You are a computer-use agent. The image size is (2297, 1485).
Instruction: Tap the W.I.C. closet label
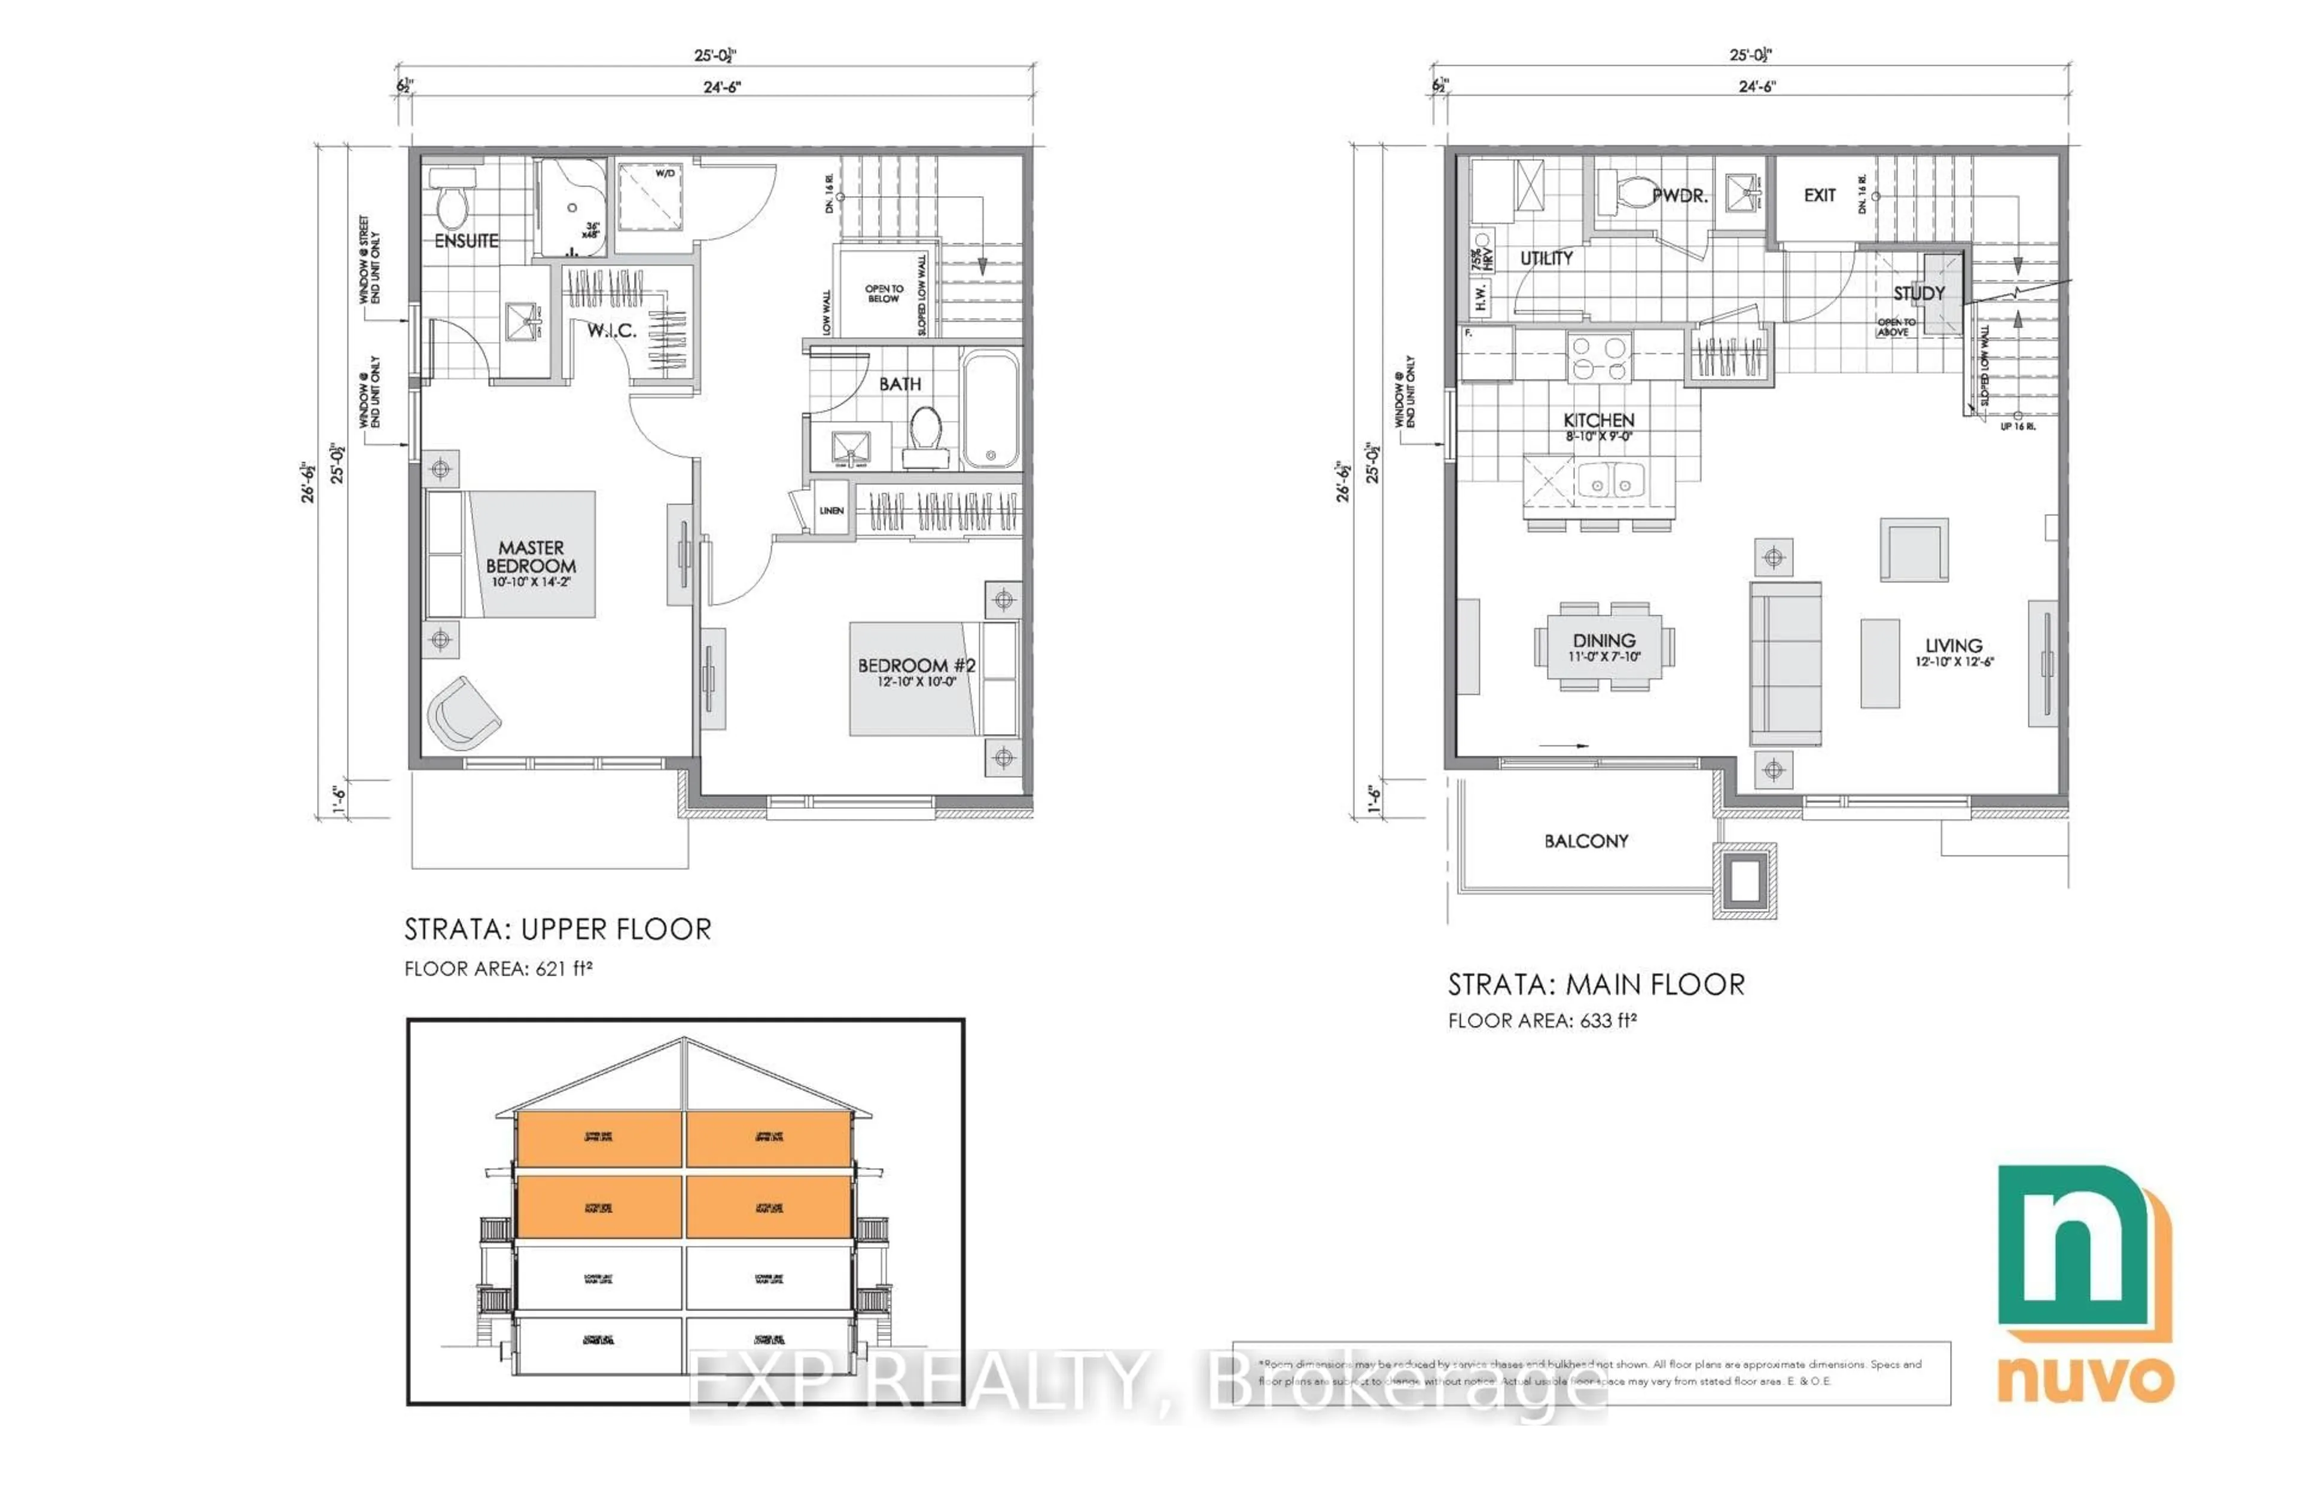[611, 331]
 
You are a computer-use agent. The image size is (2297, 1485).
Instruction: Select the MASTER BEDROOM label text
[531, 557]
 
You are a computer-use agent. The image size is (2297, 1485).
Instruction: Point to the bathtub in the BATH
[990, 411]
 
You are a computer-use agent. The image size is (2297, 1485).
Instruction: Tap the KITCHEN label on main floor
[1598, 420]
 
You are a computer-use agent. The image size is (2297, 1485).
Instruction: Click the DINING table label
[1603, 640]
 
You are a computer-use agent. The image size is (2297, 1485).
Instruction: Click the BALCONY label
[1586, 841]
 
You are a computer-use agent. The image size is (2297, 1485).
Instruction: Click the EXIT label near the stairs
[1820, 195]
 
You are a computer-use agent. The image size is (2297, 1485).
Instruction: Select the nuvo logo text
[2084, 1381]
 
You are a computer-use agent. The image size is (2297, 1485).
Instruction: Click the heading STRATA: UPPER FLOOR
[558, 930]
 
